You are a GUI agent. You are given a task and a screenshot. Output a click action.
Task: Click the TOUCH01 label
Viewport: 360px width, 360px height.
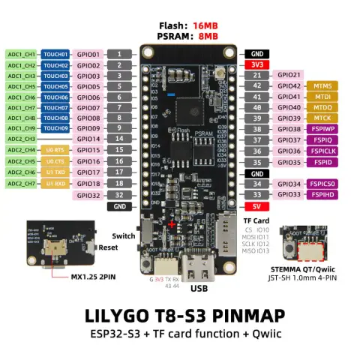coord(55,55)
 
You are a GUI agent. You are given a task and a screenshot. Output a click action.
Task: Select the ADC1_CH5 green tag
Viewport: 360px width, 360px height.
coord(20,86)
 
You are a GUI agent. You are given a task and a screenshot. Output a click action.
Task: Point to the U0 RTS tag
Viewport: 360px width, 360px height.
coord(55,150)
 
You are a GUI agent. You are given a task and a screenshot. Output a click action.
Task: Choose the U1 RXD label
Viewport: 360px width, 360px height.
coord(55,183)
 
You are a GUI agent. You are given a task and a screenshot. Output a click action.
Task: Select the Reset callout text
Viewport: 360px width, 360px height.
coord(107,247)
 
